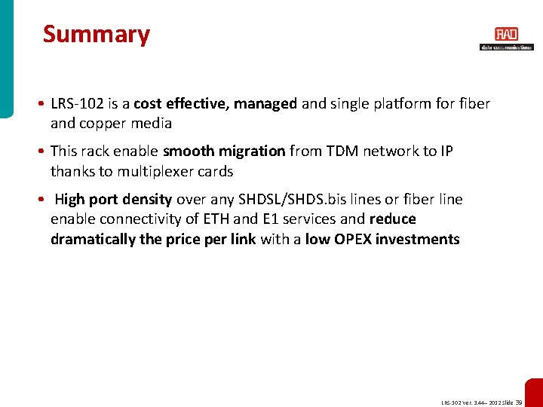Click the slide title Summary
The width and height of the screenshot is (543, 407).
point(97,35)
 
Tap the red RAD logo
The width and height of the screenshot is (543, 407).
point(506,34)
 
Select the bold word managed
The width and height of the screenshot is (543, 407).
point(265,104)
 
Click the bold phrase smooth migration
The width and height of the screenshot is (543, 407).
point(224,151)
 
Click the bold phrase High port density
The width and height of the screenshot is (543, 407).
point(113,200)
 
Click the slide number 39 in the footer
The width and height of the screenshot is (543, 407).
point(519,402)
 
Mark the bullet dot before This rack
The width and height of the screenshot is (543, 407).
point(44,151)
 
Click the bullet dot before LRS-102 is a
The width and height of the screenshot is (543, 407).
point(44,104)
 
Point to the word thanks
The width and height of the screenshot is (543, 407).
point(72,171)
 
